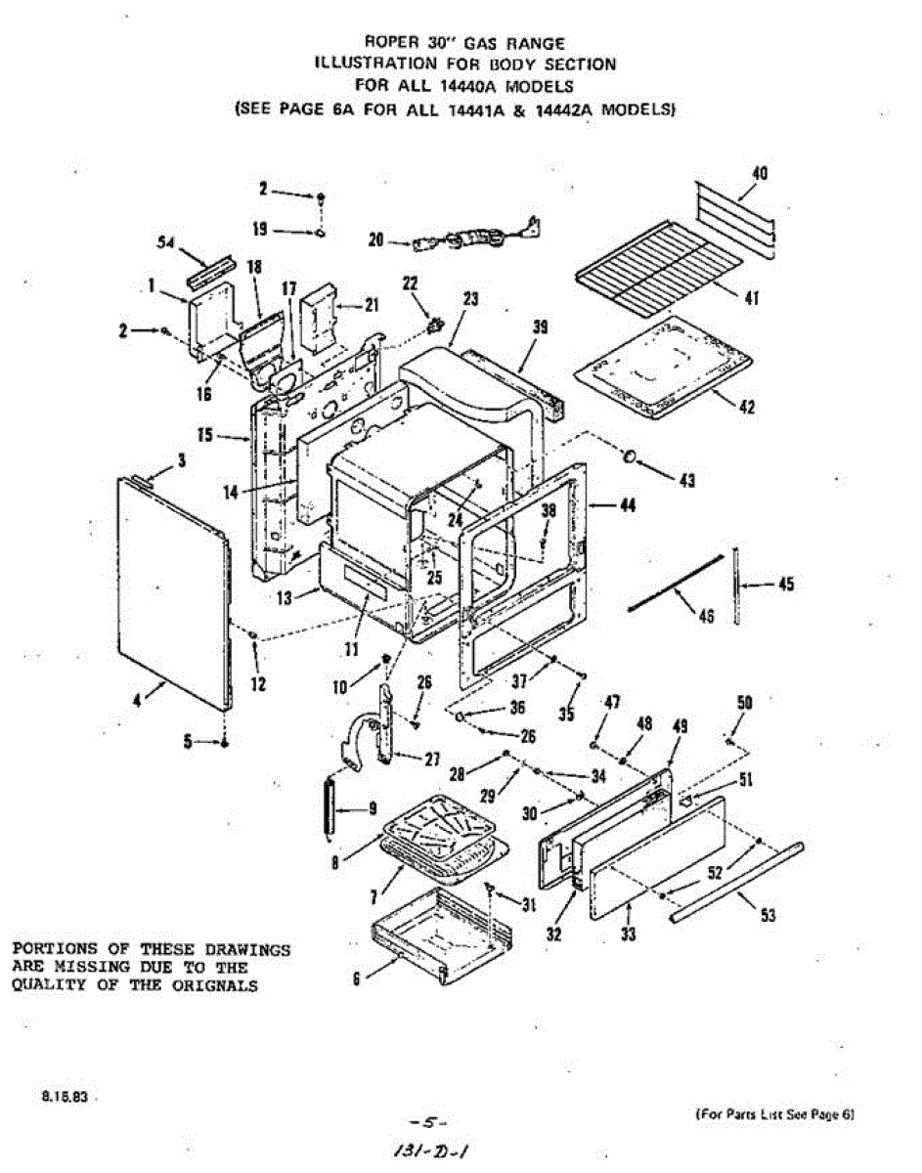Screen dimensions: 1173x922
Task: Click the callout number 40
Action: [x=759, y=174]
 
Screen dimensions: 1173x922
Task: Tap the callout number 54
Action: [x=166, y=243]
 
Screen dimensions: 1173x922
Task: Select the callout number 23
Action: [x=470, y=301]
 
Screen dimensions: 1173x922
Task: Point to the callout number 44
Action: [x=627, y=505]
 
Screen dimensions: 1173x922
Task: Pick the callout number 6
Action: [x=357, y=977]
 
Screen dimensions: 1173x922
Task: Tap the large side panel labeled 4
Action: [x=171, y=586]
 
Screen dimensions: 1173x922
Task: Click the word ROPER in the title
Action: [x=388, y=43]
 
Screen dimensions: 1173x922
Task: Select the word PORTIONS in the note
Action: [x=53, y=949]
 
